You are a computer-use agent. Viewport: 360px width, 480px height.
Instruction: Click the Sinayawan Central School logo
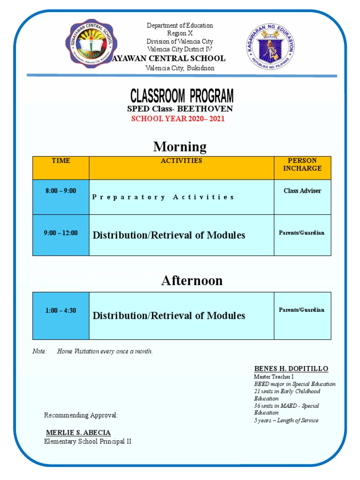pyautogui.click(x=90, y=45)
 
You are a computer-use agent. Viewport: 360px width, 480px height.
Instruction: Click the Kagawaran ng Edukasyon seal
pyautogui.click(x=270, y=45)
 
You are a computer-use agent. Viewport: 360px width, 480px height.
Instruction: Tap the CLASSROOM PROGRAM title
pyautogui.click(x=181, y=96)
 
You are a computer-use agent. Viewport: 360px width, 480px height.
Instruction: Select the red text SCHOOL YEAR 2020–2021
pyautogui.click(x=178, y=119)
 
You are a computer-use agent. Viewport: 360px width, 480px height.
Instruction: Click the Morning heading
pyautogui.click(x=180, y=147)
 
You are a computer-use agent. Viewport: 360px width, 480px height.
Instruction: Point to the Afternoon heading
pyautogui.click(x=185, y=280)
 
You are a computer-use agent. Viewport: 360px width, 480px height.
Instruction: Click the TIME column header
pyautogui.click(x=61, y=161)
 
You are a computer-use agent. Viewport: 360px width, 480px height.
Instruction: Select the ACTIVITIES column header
pyautogui.click(x=181, y=161)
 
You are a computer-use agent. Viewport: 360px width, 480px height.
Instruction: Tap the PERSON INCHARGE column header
pyautogui.click(x=302, y=165)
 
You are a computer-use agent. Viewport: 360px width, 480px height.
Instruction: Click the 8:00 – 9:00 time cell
pyautogui.click(x=60, y=191)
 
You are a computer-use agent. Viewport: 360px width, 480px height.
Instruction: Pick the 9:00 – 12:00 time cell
pyautogui.click(x=60, y=233)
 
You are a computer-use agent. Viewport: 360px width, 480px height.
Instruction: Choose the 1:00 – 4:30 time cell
pyautogui.click(x=60, y=310)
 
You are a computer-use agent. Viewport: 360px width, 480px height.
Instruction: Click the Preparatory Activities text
pyautogui.click(x=163, y=197)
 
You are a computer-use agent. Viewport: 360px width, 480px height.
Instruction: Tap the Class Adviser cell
pyautogui.click(x=302, y=191)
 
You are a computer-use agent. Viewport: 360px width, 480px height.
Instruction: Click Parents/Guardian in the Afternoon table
pyautogui.click(x=301, y=310)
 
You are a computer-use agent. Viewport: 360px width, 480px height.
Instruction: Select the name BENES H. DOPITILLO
pyautogui.click(x=291, y=368)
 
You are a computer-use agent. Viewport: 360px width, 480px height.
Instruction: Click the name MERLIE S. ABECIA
pyautogui.click(x=78, y=432)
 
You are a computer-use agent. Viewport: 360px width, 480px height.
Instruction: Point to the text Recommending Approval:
pyautogui.click(x=81, y=415)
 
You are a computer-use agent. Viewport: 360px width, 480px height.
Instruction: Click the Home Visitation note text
pyautogui.click(x=105, y=352)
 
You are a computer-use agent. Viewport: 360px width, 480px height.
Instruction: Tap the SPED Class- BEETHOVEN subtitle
pyautogui.click(x=180, y=109)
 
